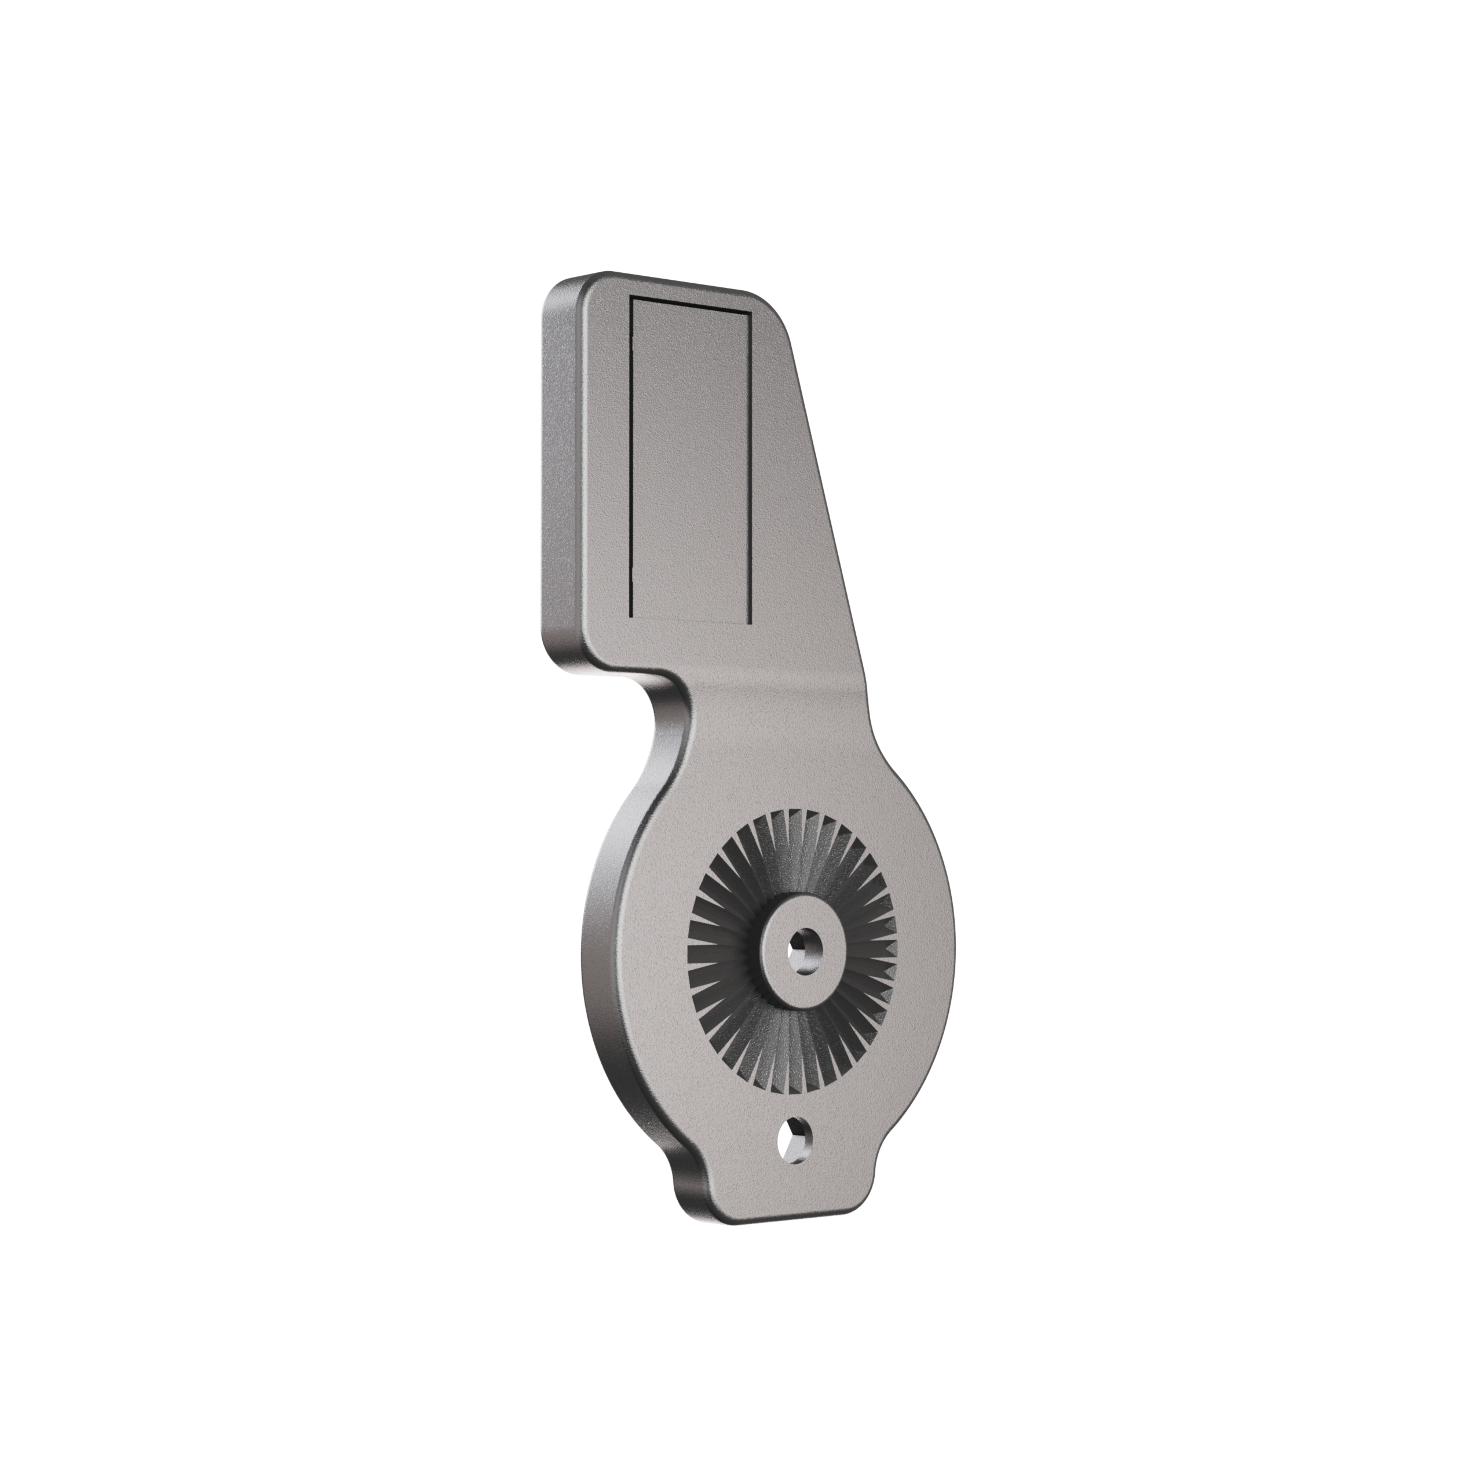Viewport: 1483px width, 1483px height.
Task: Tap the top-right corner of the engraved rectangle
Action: [748, 313]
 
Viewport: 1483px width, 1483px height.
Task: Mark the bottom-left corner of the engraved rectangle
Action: [630, 616]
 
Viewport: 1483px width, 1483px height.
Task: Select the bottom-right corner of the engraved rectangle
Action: [748, 618]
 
